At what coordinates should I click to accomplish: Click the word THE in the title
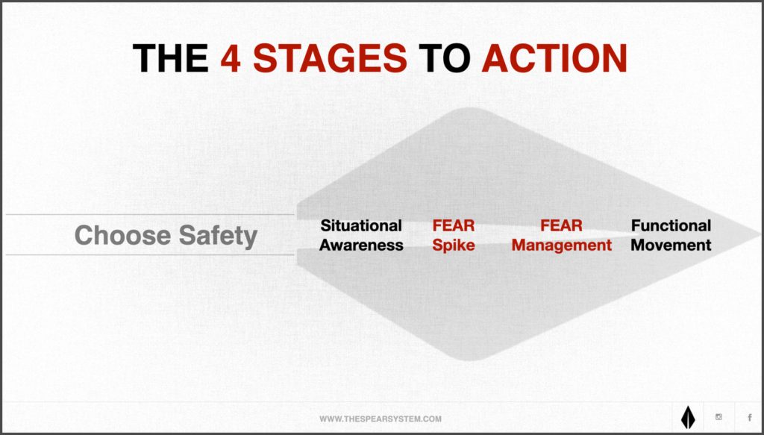[x=171, y=58]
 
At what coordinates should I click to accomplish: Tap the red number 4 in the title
[x=231, y=58]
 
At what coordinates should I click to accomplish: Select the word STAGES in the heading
[x=330, y=58]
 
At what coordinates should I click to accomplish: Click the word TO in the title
[x=445, y=58]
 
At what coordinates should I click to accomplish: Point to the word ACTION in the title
[x=554, y=58]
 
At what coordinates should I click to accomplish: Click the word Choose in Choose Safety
[x=123, y=235]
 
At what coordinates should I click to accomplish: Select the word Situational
[x=361, y=225]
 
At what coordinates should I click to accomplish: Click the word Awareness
[x=361, y=245]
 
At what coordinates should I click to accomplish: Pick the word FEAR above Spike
[x=453, y=225]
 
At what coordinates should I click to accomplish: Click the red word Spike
[x=453, y=245]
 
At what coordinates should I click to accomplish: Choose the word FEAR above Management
[x=561, y=225]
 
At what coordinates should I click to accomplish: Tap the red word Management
[x=561, y=245]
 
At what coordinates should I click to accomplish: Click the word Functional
[x=671, y=225]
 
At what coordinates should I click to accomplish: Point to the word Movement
[x=671, y=245]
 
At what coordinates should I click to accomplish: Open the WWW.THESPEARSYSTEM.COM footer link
[x=381, y=419]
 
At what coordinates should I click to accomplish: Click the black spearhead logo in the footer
[x=687, y=417]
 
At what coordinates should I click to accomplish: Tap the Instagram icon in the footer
[x=718, y=417]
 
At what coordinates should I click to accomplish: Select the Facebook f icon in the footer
[x=749, y=417]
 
